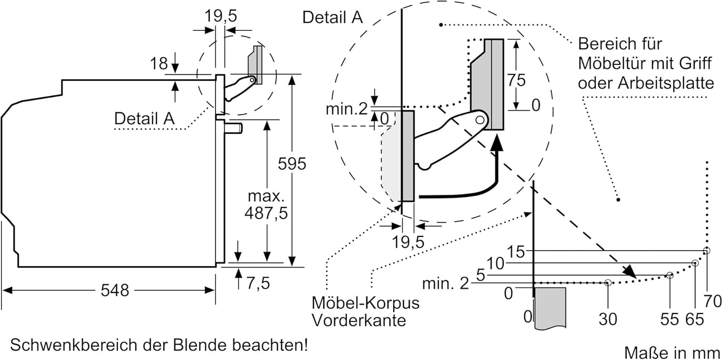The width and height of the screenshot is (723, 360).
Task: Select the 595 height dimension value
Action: [x=292, y=164]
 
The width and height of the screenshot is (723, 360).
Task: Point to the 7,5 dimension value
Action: [x=258, y=284]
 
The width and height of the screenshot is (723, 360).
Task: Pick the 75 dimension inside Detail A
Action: [x=516, y=80]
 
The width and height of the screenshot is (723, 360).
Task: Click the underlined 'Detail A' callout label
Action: [x=144, y=118]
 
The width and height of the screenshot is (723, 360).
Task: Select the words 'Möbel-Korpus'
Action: [x=365, y=303]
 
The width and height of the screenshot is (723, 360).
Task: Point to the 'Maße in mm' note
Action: [x=673, y=352]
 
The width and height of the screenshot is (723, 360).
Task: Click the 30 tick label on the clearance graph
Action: [x=607, y=319]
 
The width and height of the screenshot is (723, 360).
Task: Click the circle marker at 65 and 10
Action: [x=695, y=263]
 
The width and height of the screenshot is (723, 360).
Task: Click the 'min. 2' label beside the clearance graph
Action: [x=445, y=284]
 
